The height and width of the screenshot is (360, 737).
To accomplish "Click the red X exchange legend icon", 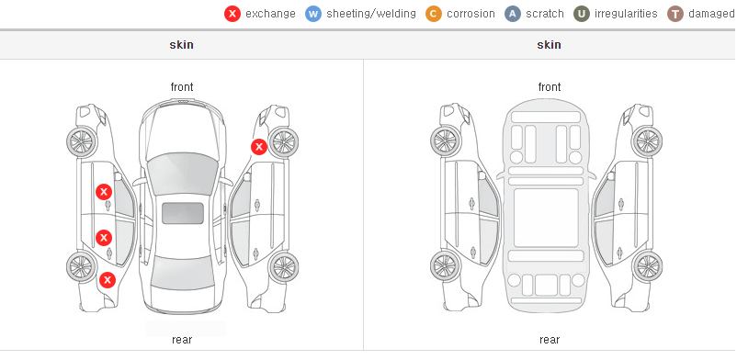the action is tap(232, 14).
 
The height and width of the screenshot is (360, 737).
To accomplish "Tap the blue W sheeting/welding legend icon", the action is tap(313, 14).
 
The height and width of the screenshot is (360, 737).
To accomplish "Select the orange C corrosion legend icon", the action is tap(434, 14).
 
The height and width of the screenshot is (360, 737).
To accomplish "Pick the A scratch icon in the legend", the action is tap(513, 14).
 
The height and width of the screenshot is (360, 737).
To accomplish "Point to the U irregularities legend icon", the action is tap(582, 14).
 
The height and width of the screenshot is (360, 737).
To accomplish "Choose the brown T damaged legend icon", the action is tap(675, 14).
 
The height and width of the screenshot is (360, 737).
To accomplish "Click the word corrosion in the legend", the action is tap(471, 14).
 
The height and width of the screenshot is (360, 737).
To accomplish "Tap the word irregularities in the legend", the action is tap(626, 14).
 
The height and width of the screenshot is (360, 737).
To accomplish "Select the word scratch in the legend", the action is tap(545, 14).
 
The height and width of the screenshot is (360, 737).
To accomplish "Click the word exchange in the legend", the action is tap(270, 14).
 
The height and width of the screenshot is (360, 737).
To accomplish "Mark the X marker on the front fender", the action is tap(258, 147).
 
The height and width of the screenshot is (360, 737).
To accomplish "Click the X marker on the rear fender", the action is tap(108, 280).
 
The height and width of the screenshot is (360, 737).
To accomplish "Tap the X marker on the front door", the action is tap(104, 192).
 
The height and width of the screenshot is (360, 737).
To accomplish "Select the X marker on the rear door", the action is tap(104, 238).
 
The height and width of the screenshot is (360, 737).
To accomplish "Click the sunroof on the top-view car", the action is tap(182, 213).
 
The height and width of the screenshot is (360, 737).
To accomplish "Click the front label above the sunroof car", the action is tap(182, 87).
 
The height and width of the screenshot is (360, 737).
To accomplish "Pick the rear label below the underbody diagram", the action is tap(550, 339).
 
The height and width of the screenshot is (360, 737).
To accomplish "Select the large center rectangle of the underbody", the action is tap(546, 218).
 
